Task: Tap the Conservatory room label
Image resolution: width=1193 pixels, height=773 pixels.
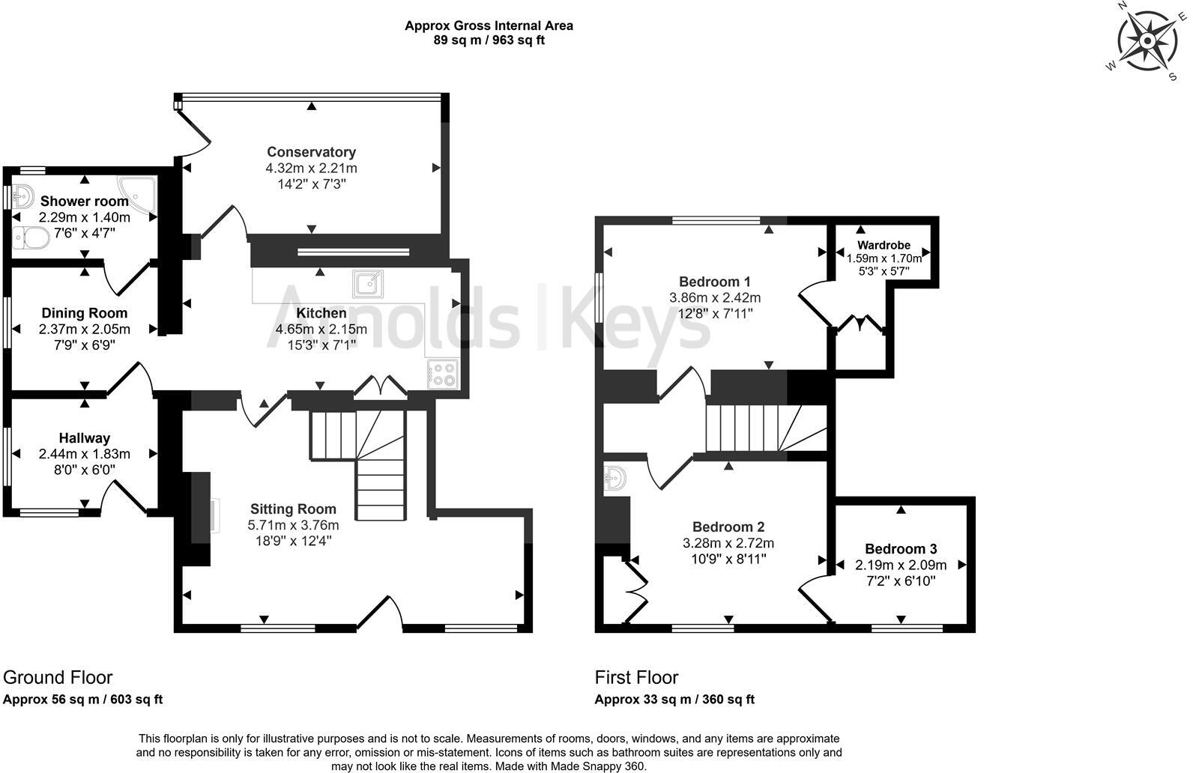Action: [x=311, y=152]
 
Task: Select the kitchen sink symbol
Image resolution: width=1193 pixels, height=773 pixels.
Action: [x=368, y=284]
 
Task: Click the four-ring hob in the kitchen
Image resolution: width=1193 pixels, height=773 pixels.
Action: [x=442, y=374]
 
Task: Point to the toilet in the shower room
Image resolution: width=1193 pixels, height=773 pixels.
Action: [x=31, y=237]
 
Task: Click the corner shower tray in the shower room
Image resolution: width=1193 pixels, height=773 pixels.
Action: [x=139, y=191]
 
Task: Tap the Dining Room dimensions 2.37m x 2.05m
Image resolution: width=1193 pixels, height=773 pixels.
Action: [x=84, y=329]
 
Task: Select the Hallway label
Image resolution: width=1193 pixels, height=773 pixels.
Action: [x=85, y=438]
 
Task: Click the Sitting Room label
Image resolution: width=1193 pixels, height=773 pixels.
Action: [x=293, y=509]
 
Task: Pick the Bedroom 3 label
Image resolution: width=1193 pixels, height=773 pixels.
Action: [x=900, y=549]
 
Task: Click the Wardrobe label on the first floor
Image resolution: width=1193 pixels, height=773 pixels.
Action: [x=884, y=245]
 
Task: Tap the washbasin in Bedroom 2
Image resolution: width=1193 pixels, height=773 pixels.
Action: [x=615, y=479]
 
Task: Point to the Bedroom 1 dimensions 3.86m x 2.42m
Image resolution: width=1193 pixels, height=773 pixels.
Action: [x=714, y=297]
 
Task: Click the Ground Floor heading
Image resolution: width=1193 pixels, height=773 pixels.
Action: [x=58, y=677]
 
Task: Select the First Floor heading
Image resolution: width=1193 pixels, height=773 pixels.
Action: [x=636, y=677]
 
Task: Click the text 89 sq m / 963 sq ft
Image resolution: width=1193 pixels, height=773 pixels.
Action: [x=489, y=40]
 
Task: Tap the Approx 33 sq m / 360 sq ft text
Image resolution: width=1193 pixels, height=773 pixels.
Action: [x=674, y=700]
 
